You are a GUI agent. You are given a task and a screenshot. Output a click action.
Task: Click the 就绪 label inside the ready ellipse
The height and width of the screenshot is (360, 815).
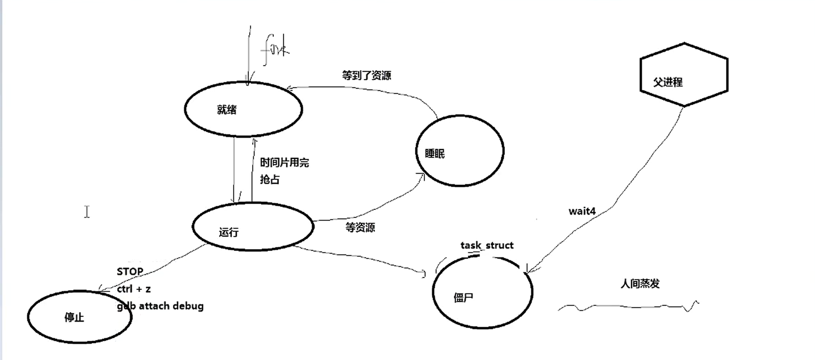pyautogui.click(x=227, y=110)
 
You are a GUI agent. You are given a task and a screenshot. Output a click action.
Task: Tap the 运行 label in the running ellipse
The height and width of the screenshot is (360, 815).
pyautogui.click(x=229, y=232)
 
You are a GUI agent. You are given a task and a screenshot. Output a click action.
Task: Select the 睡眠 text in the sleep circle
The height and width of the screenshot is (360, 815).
pyautogui.click(x=435, y=153)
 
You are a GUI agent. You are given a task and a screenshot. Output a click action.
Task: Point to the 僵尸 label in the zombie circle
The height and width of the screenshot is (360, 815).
pyautogui.click(x=463, y=298)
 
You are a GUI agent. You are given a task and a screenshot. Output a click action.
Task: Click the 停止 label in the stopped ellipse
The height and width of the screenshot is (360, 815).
pyautogui.click(x=74, y=317)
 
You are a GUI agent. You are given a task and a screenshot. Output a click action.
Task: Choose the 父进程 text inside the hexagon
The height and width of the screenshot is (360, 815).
pyautogui.click(x=668, y=82)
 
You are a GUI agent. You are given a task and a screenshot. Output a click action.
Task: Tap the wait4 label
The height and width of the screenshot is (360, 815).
pyautogui.click(x=582, y=211)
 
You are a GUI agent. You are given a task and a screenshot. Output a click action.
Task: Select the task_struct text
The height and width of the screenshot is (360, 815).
pyautogui.click(x=487, y=245)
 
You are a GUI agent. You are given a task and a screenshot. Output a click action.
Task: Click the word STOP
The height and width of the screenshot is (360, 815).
pyautogui.click(x=130, y=272)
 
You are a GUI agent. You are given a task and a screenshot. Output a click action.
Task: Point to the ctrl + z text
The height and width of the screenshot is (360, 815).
pyautogui.click(x=134, y=289)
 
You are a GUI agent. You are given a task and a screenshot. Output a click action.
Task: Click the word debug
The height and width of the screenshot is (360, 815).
pyautogui.click(x=188, y=306)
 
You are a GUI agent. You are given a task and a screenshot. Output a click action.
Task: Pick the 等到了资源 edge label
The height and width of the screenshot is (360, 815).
pyautogui.click(x=366, y=76)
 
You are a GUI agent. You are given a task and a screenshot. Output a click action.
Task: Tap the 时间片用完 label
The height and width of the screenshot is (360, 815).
pyautogui.click(x=284, y=162)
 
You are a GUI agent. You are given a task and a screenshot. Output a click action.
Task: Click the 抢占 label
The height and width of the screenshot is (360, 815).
pyautogui.click(x=270, y=179)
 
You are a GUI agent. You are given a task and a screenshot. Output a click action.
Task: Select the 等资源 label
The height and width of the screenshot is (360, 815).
pyautogui.click(x=360, y=228)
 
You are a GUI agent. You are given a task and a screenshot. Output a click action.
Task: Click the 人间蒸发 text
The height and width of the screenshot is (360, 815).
pyautogui.click(x=640, y=283)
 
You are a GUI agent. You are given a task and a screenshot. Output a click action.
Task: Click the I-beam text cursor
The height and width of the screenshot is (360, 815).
pyautogui.click(x=87, y=212)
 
